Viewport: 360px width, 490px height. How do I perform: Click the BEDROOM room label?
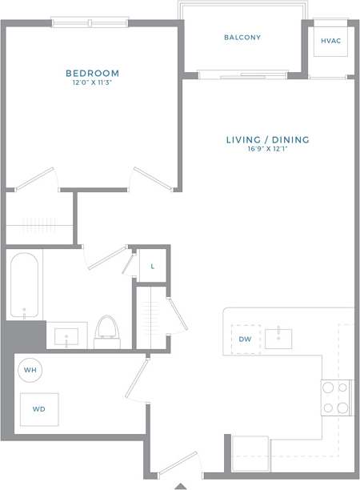(x=92, y=73)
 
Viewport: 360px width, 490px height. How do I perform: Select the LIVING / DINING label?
(x=266, y=139)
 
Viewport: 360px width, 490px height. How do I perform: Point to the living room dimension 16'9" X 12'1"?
(x=266, y=150)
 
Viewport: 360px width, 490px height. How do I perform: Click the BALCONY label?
(x=242, y=38)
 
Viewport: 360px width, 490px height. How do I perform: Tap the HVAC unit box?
(x=330, y=40)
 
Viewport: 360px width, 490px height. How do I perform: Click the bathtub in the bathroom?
(x=24, y=287)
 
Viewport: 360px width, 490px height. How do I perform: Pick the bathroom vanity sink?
(x=70, y=335)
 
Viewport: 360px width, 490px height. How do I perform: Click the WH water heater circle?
(x=30, y=370)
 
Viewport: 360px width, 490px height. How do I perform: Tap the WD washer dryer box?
(x=38, y=408)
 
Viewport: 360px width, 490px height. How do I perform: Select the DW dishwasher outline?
(x=246, y=339)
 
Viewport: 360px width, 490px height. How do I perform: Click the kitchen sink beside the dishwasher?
(x=278, y=338)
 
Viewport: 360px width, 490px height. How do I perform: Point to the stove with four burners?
(x=336, y=397)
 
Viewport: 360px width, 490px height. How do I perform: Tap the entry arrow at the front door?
(x=181, y=485)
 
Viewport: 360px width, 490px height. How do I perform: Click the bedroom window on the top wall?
(x=90, y=22)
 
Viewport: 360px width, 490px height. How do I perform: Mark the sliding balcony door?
(x=242, y=75)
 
